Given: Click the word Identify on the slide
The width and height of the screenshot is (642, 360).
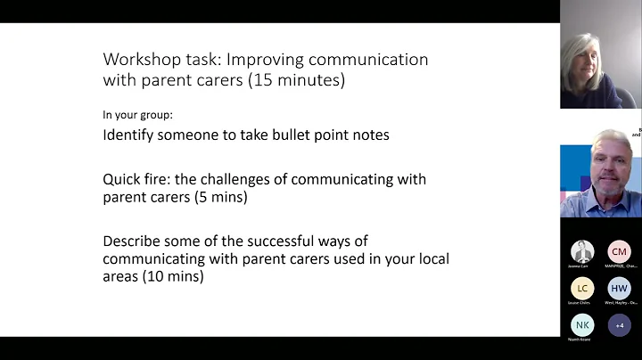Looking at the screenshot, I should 131,135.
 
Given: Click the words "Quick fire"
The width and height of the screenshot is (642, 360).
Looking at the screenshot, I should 136,179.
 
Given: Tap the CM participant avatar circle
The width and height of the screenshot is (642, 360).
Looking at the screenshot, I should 619,251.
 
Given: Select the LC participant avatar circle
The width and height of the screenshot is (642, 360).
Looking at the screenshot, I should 582,289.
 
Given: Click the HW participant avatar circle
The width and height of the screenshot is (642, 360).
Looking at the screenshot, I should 619,289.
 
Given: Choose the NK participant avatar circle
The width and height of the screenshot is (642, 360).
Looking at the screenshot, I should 582,325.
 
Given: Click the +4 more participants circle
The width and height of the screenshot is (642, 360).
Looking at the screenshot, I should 619,325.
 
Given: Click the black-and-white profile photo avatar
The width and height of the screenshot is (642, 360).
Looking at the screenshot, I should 582,251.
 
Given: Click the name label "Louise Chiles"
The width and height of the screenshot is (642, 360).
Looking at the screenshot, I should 582,303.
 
